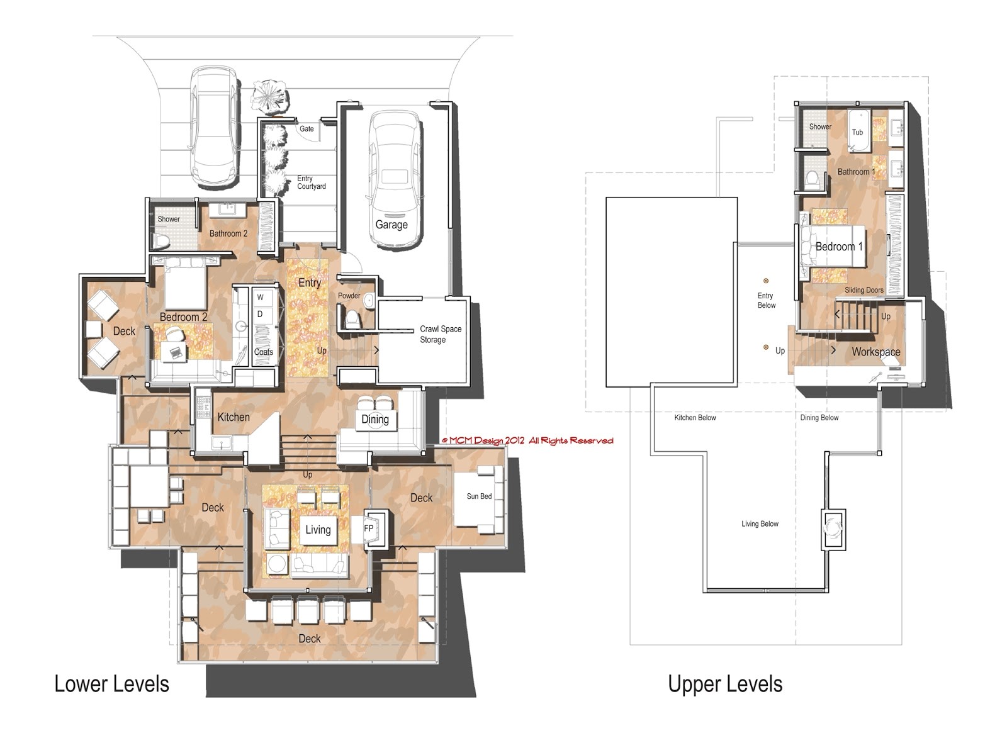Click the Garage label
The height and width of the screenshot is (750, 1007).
[x=391, y=225]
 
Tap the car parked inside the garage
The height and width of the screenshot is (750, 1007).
[x=395, y=179]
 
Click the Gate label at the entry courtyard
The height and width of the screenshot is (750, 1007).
[x=307, y=129]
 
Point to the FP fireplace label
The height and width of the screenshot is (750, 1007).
[x=369, y=529]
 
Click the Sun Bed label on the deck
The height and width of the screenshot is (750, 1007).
[x=479, y=496]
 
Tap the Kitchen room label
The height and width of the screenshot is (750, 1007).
[x=233, y=417]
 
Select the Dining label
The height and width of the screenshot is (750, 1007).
[x=375, y=420]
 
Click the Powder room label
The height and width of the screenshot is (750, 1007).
[x=349, y=296]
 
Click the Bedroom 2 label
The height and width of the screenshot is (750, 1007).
[x=183, y=317]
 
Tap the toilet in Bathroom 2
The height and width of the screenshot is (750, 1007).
[x=160, y=240]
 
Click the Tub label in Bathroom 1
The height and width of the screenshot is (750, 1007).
[x=857, y=132]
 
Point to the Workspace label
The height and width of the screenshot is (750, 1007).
[x=875, y=352]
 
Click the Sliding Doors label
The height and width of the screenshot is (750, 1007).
[x=864, y=290]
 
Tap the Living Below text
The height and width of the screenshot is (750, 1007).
[x=760, y=523]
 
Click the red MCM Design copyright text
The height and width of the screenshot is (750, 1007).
[x=527, y=441]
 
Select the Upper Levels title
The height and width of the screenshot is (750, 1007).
[x=725, y=684]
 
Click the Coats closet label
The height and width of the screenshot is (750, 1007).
[x=264, y=352]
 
